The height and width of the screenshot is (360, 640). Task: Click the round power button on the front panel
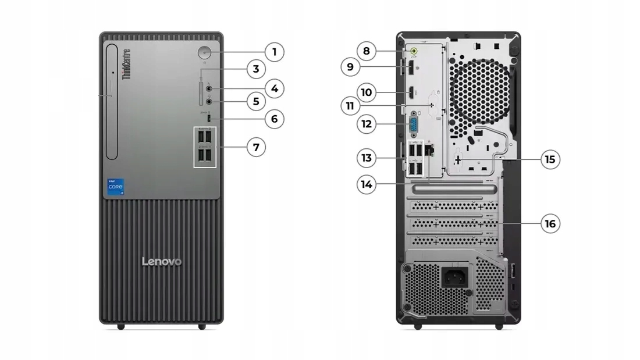coord(205,52)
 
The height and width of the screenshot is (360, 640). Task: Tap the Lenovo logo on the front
coord(162,262)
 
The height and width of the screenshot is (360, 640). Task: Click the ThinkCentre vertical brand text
coord(126,63)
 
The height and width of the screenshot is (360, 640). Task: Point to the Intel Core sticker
coord(115,187)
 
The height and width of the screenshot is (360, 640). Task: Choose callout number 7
coord(255,147)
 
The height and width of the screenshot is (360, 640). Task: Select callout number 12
coord(366,124)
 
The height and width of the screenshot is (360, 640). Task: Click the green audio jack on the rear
coord(414,51)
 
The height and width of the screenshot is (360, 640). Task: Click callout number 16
coord(550,223)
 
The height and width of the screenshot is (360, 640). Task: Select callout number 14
coord(366,184)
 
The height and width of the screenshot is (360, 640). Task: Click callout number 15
coord(550,159)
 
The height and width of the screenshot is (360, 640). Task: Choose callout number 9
coord(350,67)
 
